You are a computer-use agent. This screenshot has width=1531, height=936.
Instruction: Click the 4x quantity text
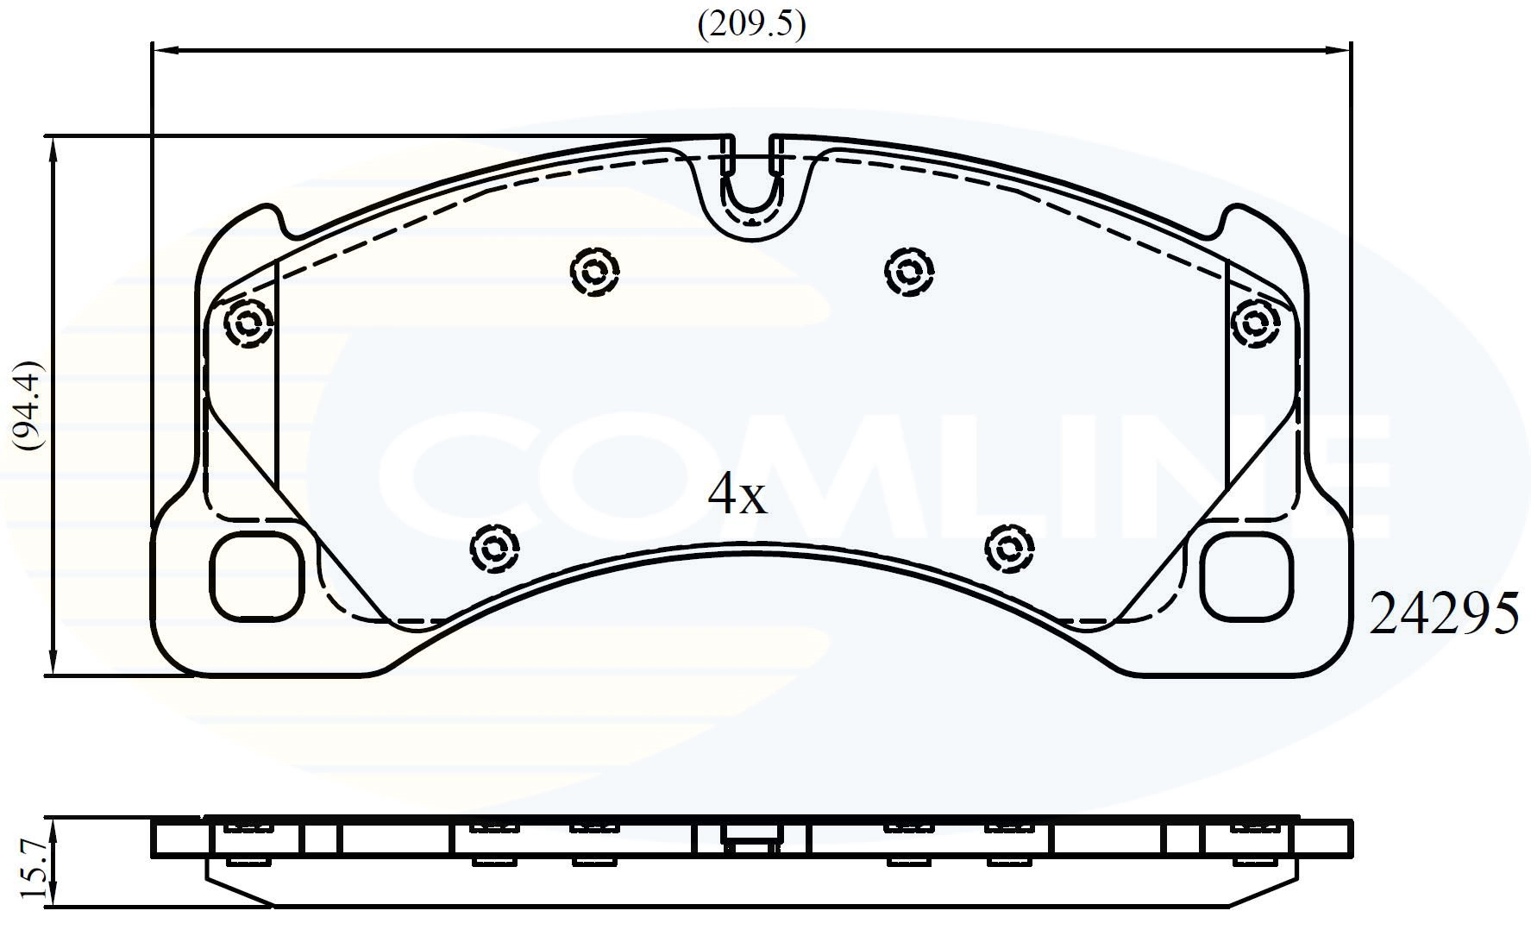point(737,494)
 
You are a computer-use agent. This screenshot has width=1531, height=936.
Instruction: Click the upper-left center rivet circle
point(595,273)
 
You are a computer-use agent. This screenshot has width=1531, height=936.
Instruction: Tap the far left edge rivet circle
point(248,324)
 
